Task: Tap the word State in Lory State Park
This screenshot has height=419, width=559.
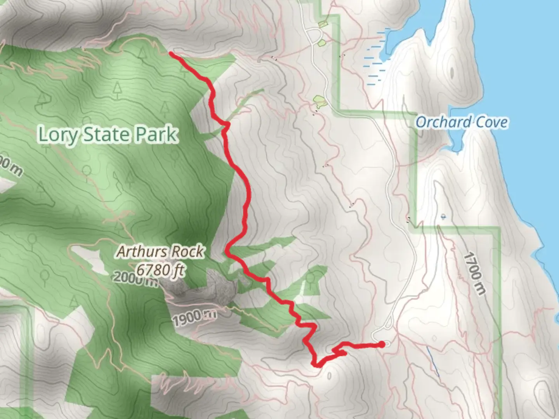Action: [104, 134]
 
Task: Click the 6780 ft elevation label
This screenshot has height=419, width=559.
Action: [160, 269]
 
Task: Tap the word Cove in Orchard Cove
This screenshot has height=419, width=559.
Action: [492, 122]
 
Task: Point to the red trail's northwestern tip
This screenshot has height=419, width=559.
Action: [171, 53]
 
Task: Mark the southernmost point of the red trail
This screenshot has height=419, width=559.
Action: [317, 365]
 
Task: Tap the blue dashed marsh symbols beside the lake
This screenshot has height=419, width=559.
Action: [375, 58]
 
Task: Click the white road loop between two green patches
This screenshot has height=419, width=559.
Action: [317, 36]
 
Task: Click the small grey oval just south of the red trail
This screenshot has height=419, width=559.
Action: [329, 376]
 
